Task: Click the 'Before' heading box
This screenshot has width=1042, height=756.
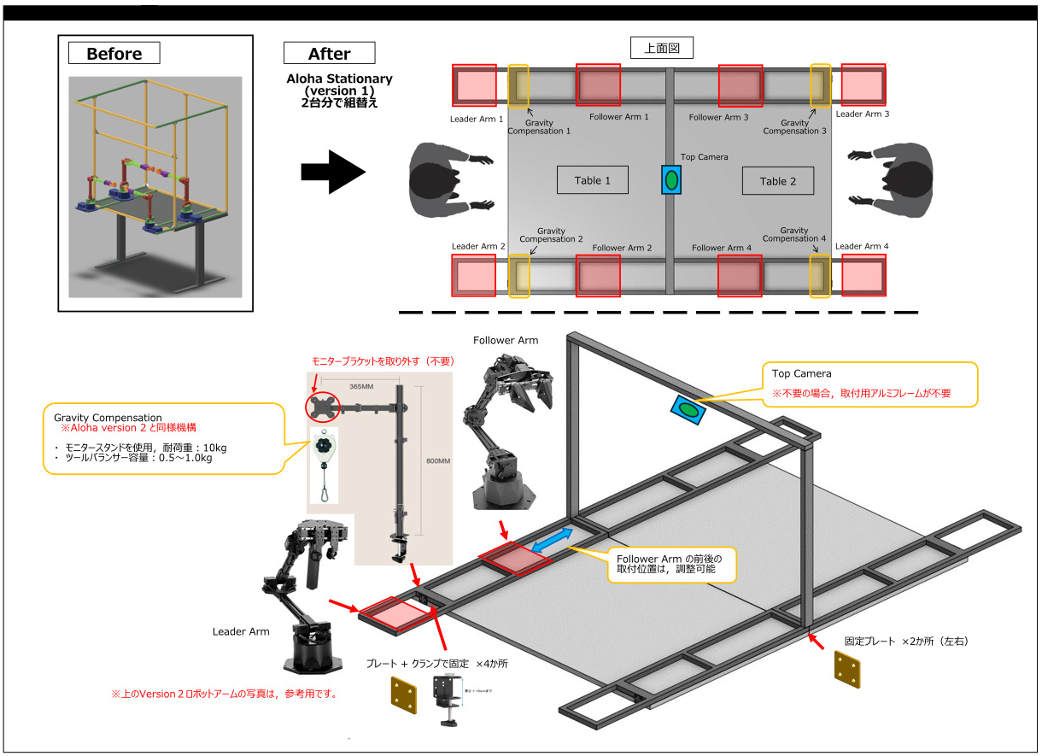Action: pos(114,53)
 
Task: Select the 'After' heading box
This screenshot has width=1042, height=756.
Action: pos(329,53)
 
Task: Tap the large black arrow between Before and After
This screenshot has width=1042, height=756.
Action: pos(332,173)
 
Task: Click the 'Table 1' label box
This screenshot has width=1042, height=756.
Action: pos(593,180)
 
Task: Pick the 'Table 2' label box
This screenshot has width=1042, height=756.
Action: pos(776,180)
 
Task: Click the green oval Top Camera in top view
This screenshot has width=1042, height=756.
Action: pos(671,180)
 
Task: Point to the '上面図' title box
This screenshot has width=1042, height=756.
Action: pos(661,48)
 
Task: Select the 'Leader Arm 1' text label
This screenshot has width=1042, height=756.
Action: pos(477,120)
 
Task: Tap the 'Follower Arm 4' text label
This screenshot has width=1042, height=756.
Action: pos(722,248)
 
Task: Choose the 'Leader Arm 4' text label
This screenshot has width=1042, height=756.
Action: pos(862,246)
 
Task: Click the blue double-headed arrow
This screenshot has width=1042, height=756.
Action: pos(552,541)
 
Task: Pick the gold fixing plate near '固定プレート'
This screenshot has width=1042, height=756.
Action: pos(846,671)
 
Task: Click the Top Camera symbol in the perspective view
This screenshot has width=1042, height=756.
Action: pos(688,408)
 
